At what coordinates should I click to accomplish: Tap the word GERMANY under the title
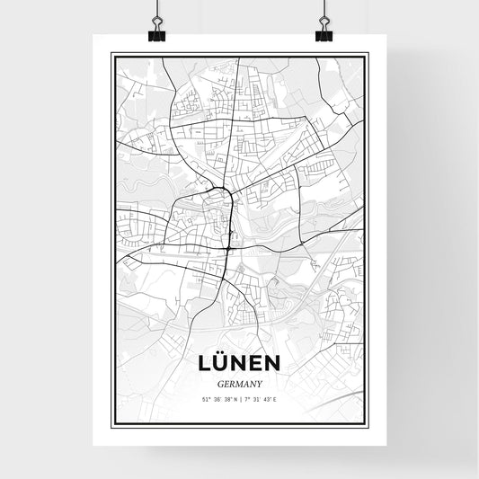point(239,381)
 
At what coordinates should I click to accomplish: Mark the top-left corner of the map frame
point(112,55)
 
